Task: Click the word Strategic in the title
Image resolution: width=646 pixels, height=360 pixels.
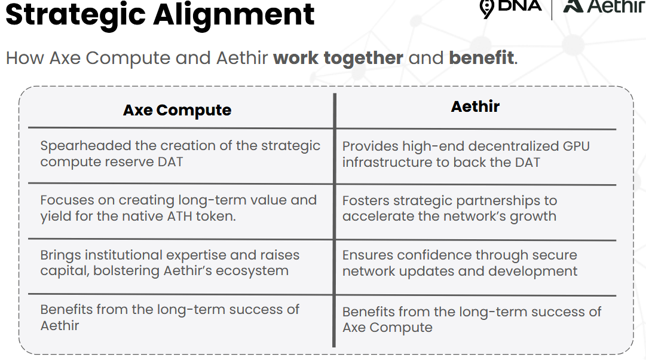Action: point(76,16)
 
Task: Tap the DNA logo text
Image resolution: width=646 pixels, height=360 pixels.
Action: point(519,6)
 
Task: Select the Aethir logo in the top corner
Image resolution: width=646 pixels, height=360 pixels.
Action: point(604,6)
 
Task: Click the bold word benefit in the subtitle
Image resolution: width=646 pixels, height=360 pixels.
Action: point(481,58)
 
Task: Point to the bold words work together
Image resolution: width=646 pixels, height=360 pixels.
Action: point(338,58)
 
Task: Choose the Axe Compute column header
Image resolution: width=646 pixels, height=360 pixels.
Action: point(177,110)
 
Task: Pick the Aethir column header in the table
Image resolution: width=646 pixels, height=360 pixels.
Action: point(475,106)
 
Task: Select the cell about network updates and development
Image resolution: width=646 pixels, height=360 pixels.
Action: point(460,263)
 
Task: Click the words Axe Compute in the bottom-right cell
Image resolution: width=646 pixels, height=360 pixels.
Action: point(387,328)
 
